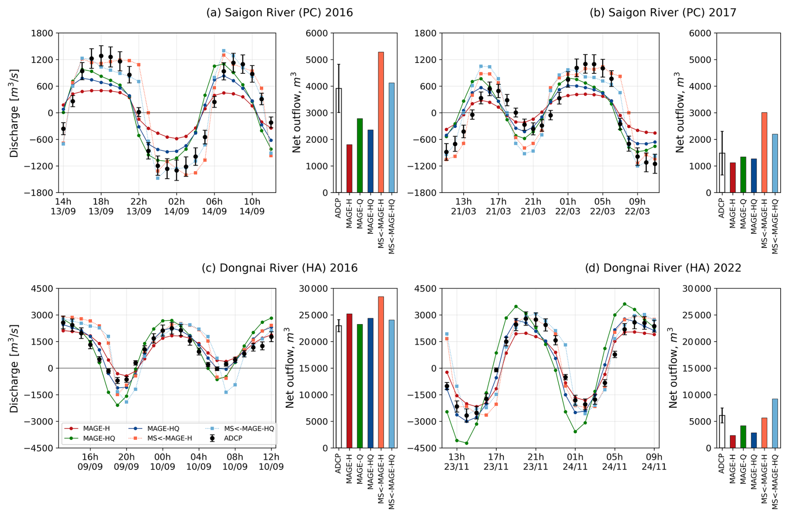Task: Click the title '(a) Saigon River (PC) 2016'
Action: [x=279, y=12]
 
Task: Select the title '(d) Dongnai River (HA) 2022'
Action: [x=663, y=268]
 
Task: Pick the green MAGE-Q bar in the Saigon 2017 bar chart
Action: [x=743, y=175]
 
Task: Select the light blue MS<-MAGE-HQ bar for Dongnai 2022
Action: [x=775, y=423]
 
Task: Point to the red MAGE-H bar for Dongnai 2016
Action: [x=349, y=381]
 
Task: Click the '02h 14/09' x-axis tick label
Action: [x=176, y=206]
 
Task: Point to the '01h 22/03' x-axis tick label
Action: [x=568, y=206]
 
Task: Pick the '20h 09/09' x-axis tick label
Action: [x=126, y=462]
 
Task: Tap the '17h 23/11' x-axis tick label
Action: [x=496, y=462]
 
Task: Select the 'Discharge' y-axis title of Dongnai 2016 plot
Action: [x=15, y=368]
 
